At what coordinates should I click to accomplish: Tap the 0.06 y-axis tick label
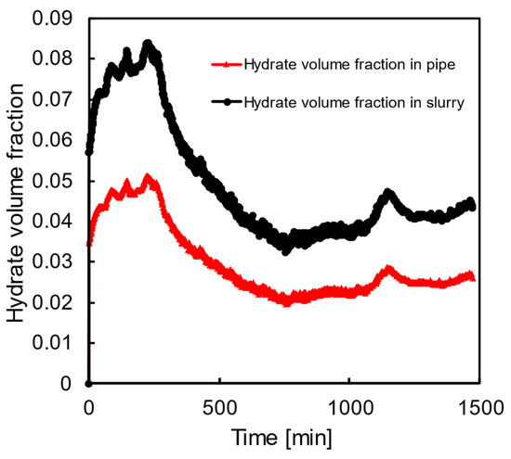[58, 140]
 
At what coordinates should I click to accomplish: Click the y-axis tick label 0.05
[58, 181]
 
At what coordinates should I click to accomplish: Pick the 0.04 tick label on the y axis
[58, 222]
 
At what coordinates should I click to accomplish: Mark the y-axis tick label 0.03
[58, 262]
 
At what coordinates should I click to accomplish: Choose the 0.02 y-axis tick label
[58, 303]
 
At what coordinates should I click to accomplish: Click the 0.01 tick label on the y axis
[58, 344]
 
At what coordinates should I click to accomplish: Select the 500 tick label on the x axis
[219, 404]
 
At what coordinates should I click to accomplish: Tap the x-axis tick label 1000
[348, 404]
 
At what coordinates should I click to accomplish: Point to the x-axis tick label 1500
[478, 404]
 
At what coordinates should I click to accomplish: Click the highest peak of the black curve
[147, 44]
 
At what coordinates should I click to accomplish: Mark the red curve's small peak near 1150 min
[387, 269]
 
